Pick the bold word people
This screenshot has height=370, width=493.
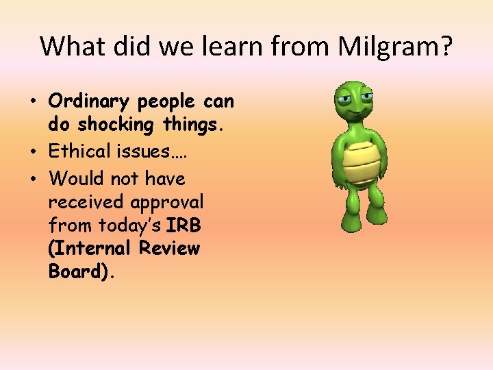pyautogui.click(x=168, y=102)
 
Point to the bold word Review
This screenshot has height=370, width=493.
pyautogui.click(x=169, y=248)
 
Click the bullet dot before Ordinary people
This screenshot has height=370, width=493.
pyautogui.click(x=33, y=103)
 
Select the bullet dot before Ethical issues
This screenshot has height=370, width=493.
pyautogui.click(x=33, y=152)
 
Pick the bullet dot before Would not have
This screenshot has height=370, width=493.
pyautogui.click(x=33, y=180)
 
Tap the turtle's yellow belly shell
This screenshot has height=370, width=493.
pyautogui.click(x=360, y=162)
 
